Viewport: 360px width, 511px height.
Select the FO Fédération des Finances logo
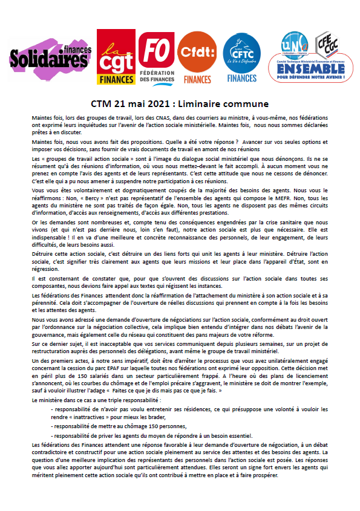tap(155, 57)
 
